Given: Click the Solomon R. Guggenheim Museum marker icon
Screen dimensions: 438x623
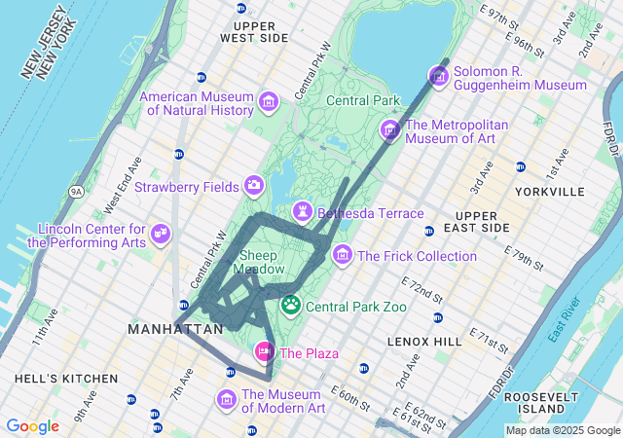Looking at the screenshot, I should [439, 76].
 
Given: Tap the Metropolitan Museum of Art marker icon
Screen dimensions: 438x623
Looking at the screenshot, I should [390, 129].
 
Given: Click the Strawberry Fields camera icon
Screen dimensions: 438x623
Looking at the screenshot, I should [254, 185].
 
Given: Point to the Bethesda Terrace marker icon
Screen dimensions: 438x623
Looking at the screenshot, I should [304, 211].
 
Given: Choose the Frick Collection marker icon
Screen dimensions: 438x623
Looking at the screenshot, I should [343, 255].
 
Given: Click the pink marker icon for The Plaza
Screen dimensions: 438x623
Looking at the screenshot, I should [264, 351].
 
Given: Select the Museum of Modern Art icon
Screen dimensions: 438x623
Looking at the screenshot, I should [227, 399].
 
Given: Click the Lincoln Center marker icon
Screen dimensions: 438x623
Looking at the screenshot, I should [162, 234].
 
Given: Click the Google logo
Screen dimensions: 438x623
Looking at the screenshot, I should [32, 426].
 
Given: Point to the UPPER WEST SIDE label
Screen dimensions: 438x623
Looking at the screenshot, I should [254, 30].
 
